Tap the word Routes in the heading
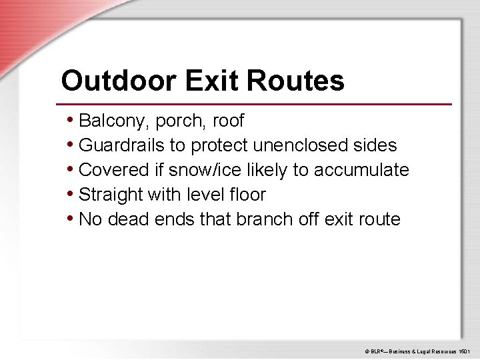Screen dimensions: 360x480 tap(295, 81)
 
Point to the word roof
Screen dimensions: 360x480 tap(229, 121)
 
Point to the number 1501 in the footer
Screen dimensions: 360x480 tap(464, 350)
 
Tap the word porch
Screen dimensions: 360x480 tap(178, 121)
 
